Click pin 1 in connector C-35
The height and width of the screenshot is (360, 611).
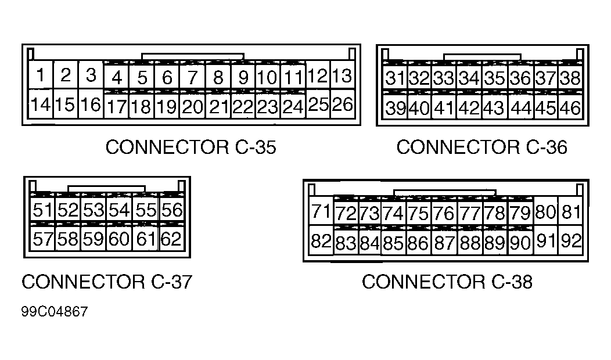[41, 75]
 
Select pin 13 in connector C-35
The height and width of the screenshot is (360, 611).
[343, 75]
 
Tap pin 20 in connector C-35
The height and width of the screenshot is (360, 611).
[192, 106]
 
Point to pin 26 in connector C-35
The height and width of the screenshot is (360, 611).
[343, 105]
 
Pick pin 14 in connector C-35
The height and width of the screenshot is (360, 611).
[41, 105]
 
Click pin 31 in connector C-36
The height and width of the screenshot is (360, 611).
[396, 78]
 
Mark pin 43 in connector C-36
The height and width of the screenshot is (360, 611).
[494, 108]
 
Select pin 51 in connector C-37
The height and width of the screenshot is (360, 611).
[42, 210]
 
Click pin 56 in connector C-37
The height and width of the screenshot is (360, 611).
[171, 210]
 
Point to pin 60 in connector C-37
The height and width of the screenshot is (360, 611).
[120, 239]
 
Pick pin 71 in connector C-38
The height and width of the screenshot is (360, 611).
[320, 211]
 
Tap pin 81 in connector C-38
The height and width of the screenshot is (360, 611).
[572, 212]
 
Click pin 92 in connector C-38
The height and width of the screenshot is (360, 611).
[572, 241]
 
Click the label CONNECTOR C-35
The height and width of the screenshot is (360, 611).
[191, 147]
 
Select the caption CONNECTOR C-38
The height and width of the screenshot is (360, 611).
[447, 282]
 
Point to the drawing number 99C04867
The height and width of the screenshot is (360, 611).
[55, 312]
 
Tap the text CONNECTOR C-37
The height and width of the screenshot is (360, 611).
[106, 282]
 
